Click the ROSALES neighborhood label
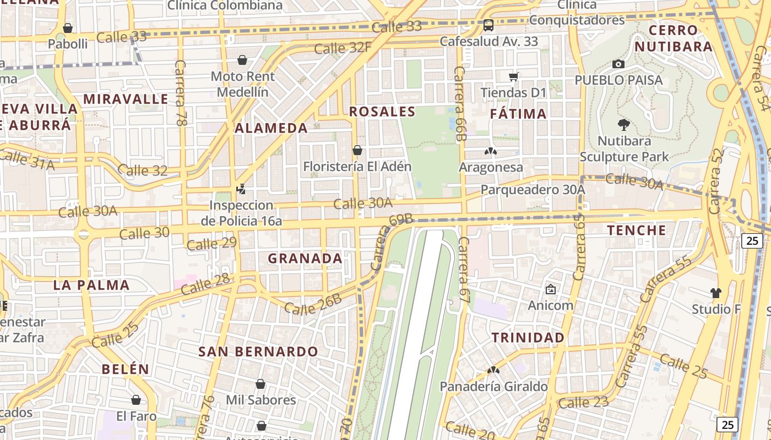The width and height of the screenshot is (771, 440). tap(382, 112)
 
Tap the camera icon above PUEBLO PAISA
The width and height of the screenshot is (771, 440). tap(618, 64)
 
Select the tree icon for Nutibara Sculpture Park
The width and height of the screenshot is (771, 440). tap(624, 125)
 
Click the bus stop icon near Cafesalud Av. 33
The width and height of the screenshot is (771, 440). tap(488, 25)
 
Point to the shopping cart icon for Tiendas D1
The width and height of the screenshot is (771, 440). tap(514, 76)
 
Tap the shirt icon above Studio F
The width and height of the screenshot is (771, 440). tap(716, 293)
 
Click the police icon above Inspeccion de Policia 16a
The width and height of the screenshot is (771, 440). tap(241, 189)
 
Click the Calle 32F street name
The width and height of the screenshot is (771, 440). tap(343, 48)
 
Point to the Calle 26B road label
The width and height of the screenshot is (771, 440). tap(313, 305)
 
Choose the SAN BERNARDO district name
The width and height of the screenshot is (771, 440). tap(258, 351)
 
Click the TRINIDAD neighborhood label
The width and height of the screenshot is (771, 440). tap(528, 338)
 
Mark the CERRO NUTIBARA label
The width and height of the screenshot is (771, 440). tap(674, 38)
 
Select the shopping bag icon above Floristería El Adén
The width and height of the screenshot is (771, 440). tap(357, 150)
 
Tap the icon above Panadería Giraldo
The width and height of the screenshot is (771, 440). tap(493, 371)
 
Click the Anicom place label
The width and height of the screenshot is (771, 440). tap(551, 305)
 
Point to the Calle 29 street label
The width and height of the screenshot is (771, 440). tap(211, 243)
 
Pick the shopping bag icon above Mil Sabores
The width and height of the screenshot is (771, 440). tap(260, 384)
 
